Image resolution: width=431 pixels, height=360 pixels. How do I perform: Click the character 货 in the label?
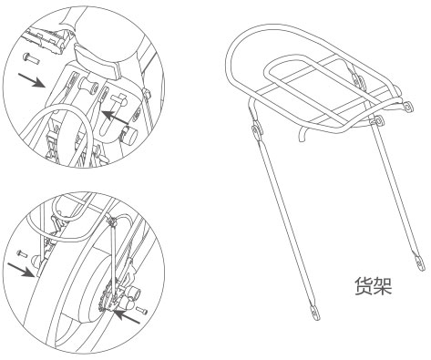(364, 286)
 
